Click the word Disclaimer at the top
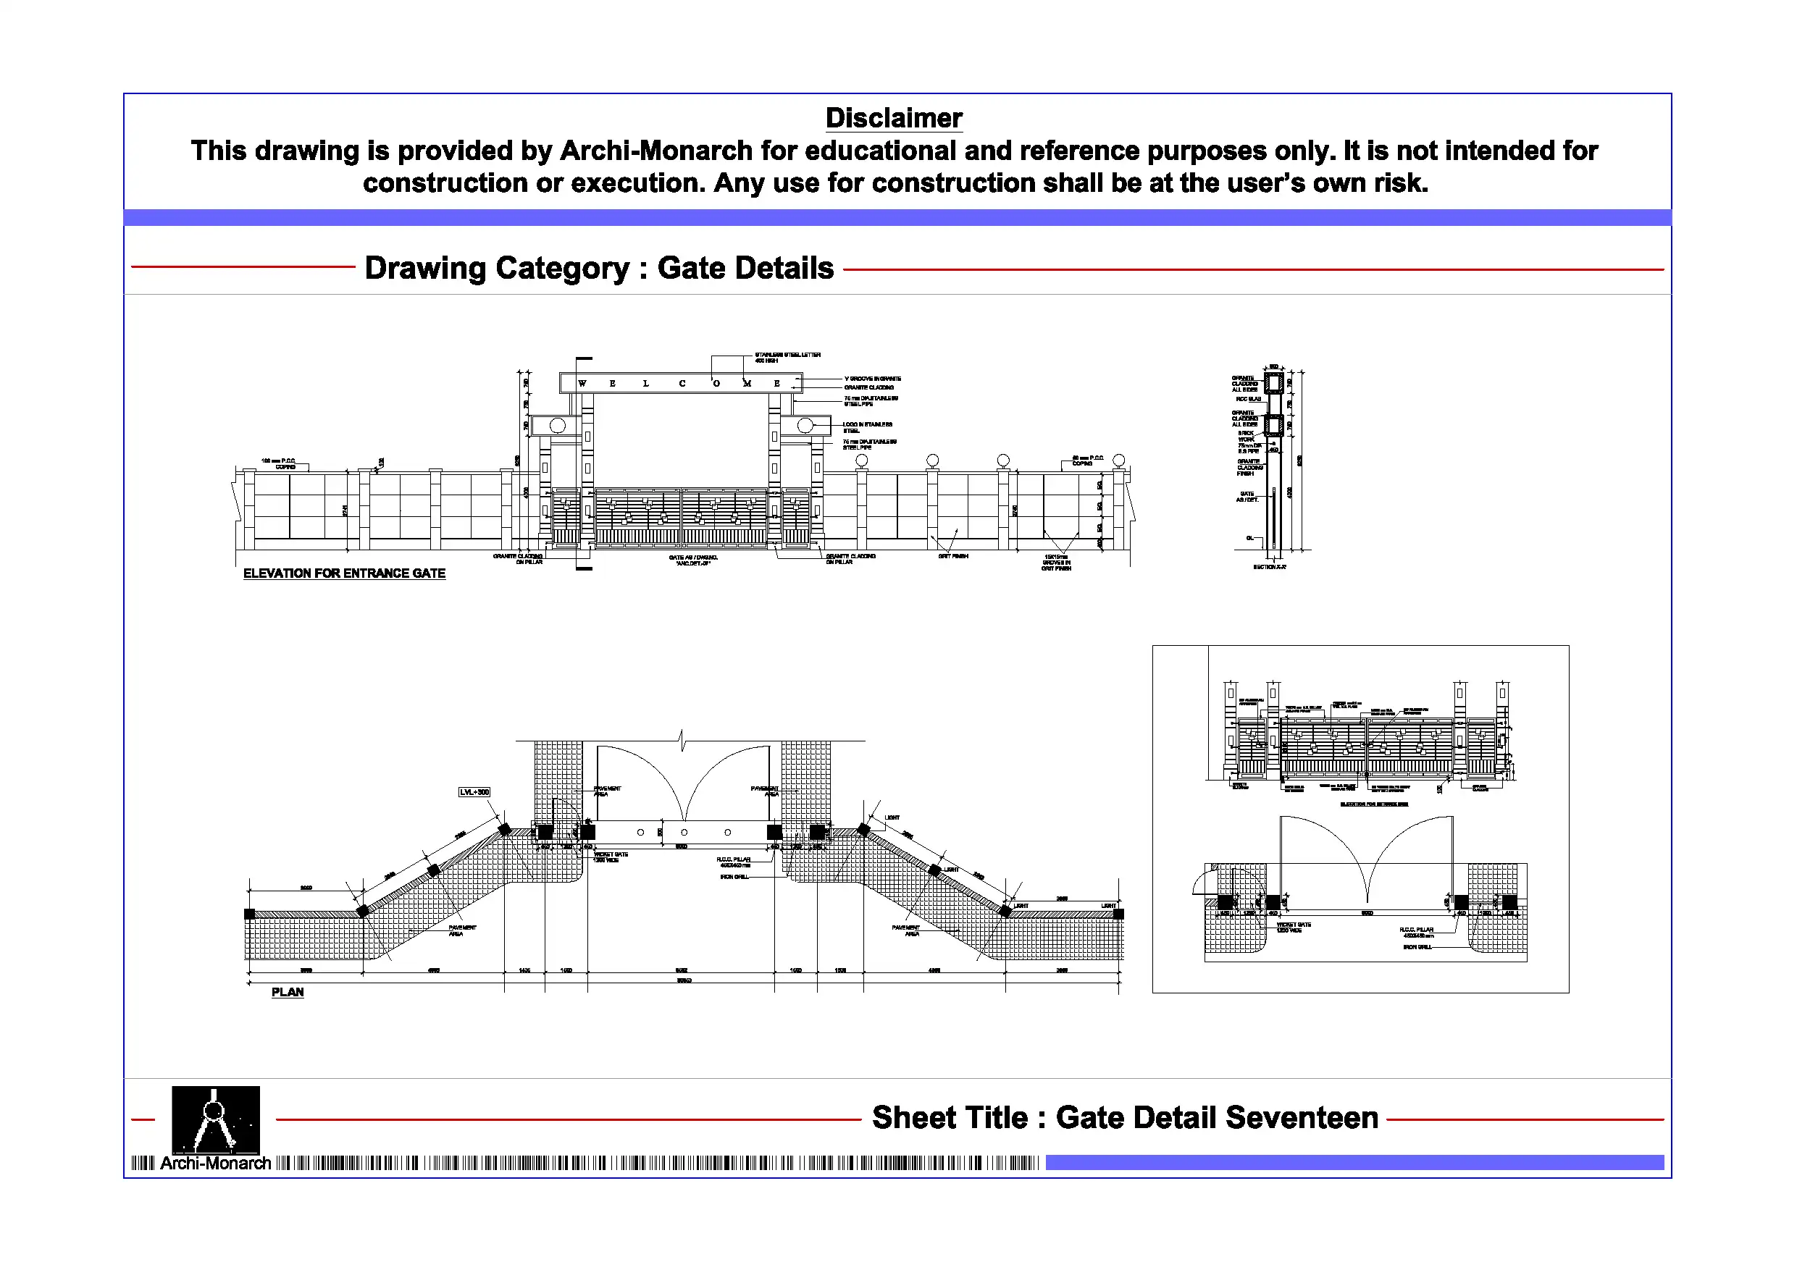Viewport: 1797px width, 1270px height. coord(893,118)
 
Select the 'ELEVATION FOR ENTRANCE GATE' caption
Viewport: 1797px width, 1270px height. coord(343,573)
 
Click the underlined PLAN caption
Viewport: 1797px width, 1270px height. coord(288,992)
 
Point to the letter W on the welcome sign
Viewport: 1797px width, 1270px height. coord(582,384)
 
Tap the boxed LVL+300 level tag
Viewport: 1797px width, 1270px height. coord(474,792)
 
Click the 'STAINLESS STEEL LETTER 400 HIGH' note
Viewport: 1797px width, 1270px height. coord(787,358)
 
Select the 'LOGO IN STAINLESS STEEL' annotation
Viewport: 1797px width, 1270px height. coord(866,427)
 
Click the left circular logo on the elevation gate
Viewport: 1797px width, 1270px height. coord(557,426)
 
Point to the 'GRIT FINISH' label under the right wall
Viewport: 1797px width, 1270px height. coord(952,556)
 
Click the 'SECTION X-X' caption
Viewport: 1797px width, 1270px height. coord(1269,566)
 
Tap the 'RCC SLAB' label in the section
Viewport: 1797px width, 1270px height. coord(1249,399)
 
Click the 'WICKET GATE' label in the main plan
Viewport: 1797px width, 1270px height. coord(611,857)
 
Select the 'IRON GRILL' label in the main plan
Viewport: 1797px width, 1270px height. coord(734,877)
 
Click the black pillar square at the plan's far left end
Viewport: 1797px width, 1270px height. coord(250,914)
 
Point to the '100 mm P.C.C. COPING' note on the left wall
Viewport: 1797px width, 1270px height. coord(279,464)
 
